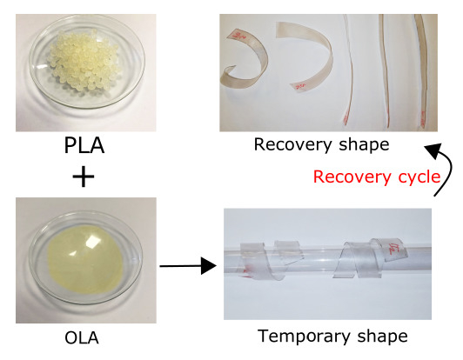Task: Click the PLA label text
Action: point(84,145)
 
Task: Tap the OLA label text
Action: point(82,338)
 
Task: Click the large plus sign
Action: point(84,177)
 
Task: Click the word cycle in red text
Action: point(419,177)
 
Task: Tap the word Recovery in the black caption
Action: point(293,145)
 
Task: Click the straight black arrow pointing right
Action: point(188,266)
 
